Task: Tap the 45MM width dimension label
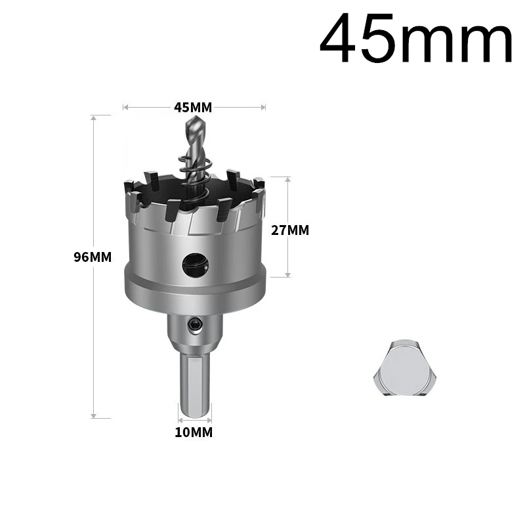pyautogui.click(x=193, y=108)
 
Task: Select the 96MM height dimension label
pyautogui.click(x=93, y=257)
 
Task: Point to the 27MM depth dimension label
pyautogui.click(x=290, y=230)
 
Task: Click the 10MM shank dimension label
pyautogui.click(x=194, y=432)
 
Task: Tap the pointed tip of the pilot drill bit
pyautogui.click(x=194, y=116)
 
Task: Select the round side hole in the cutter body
pyautogui.click(x=195, y=265)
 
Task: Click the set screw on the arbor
pyautogui.click(x=195, y=324)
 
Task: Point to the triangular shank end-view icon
pyautogui.click(x=405, y=367)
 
